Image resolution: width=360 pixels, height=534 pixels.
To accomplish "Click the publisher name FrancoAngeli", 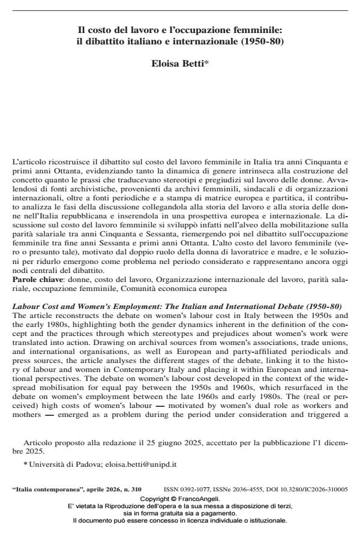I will pos(199,498).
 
